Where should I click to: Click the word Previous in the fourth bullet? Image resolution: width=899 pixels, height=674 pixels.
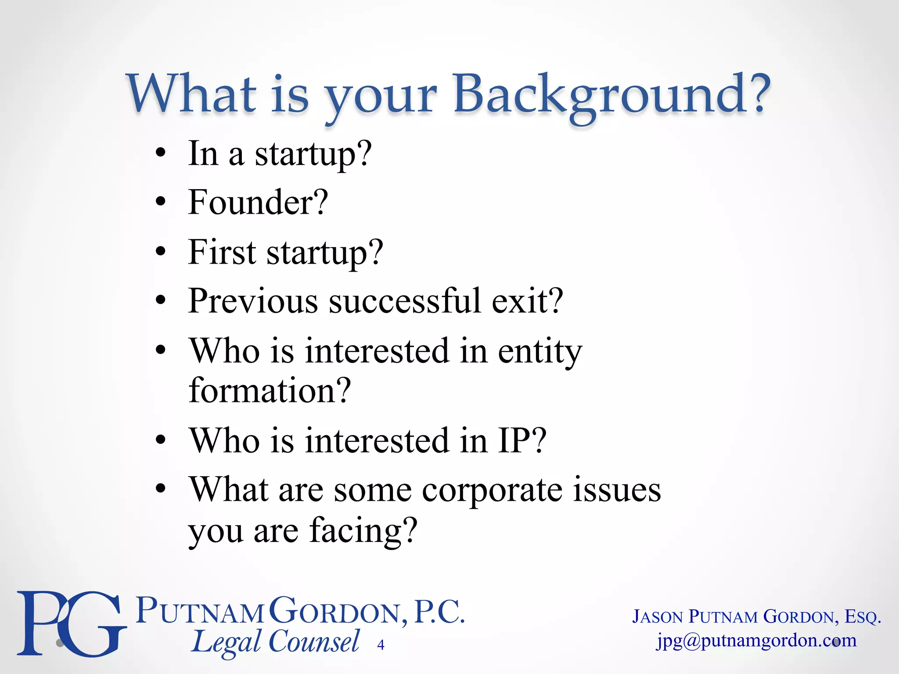pos(253,301)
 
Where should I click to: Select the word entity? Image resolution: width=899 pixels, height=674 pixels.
pos(540,352)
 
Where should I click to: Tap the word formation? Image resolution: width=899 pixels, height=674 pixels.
pos(270,390)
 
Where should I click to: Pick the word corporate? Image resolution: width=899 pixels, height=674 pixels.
pos(492,490)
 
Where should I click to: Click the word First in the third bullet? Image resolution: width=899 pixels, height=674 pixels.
pos(222,252)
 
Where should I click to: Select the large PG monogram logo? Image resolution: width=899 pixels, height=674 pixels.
pos(70,623)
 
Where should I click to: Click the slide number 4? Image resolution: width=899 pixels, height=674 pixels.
pos(381,645)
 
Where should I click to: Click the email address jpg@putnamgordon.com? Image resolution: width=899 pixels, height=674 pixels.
pos(756,641)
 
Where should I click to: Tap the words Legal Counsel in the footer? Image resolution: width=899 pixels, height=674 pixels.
pos(276,642)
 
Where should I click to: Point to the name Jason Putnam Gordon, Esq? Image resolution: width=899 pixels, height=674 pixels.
pos(756,617)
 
